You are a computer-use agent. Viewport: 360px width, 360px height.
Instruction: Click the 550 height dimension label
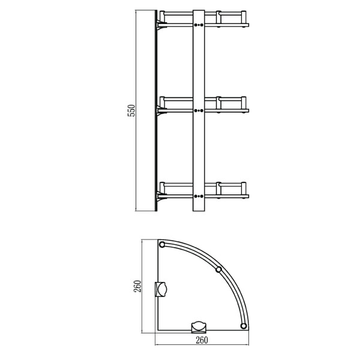[x=131, y=110]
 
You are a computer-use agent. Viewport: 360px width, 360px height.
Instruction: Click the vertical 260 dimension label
[x=137, y=286]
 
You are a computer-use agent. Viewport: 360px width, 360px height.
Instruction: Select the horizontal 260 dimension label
[x=202, y=340]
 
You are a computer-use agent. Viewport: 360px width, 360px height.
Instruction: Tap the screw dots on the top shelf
[x=199, y=25]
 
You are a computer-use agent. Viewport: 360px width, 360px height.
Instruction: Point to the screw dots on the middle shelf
[x=199, y=110]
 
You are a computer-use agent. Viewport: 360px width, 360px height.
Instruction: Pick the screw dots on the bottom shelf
[x=199, y=196]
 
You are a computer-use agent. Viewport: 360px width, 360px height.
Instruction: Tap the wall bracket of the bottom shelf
[x=161, y=197]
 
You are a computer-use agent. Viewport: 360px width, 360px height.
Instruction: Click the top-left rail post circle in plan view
[x=162, y=245]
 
